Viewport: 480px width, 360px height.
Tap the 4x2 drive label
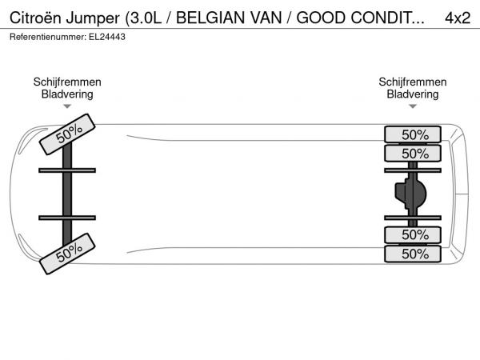457,18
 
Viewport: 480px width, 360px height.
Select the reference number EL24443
107,37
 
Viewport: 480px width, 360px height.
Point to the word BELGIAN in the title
210,18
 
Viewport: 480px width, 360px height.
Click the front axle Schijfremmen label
67,82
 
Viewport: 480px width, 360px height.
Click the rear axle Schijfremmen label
413,82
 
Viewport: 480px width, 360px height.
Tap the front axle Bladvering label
67,94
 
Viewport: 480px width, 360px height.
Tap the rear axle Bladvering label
413,94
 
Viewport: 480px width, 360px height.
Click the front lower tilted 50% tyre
68,252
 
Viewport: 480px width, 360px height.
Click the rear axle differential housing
410,193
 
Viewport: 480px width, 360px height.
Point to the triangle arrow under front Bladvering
67,106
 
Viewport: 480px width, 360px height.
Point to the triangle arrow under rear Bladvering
413,106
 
